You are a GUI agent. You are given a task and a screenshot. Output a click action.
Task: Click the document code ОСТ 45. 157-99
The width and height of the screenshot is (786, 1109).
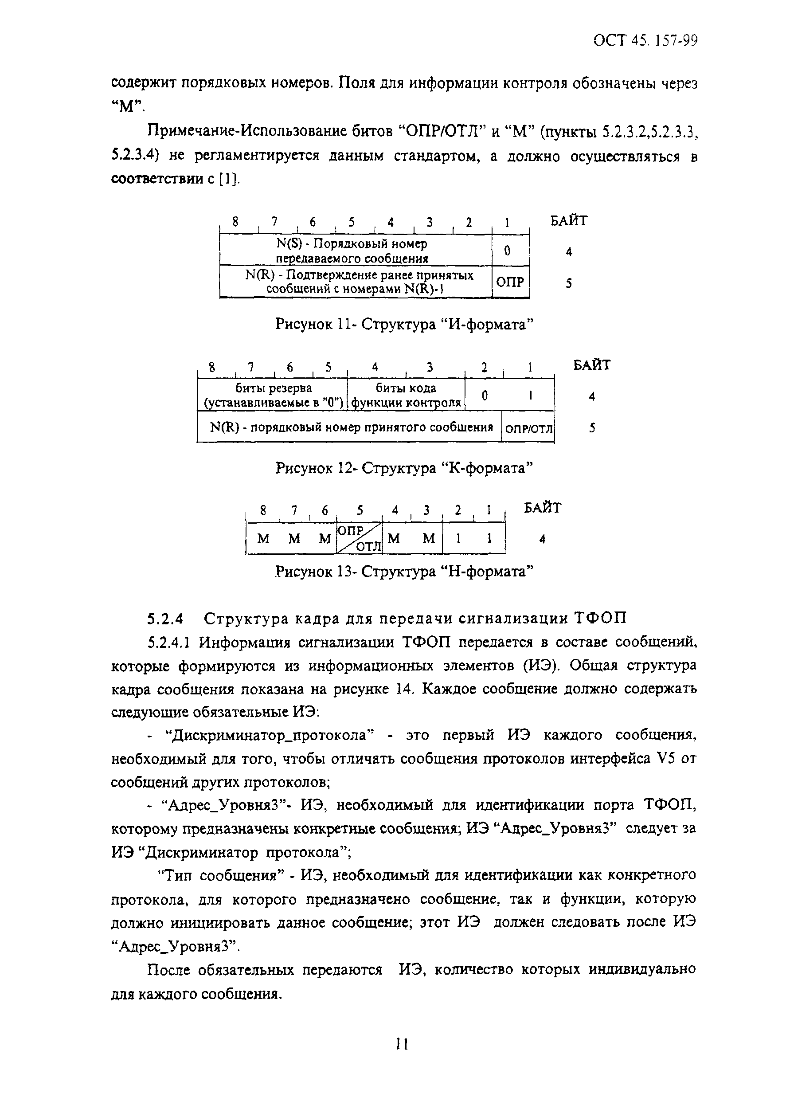(645, 41)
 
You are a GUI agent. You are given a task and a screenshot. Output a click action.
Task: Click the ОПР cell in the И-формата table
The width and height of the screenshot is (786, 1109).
(510, 282)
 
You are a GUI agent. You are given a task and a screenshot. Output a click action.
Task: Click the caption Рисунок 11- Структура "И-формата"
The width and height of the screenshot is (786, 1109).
(404, 324)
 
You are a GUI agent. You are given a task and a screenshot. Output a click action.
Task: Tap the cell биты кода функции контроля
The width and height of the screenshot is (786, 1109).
(406, 395)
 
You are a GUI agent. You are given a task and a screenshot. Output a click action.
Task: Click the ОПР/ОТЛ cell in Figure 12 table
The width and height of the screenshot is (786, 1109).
(528, 428)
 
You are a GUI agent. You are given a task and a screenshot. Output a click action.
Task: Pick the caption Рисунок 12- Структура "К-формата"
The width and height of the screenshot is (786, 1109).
(404, 468)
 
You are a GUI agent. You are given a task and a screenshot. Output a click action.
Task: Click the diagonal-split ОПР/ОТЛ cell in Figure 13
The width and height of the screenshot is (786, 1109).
(359, 538)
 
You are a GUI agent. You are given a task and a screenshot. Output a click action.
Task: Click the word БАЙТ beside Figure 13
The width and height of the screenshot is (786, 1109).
(543, 508)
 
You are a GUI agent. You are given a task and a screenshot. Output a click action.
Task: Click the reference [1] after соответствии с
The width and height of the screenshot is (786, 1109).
(229, 180)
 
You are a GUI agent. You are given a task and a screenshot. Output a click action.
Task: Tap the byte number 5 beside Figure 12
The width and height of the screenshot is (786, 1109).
(591, 428)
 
